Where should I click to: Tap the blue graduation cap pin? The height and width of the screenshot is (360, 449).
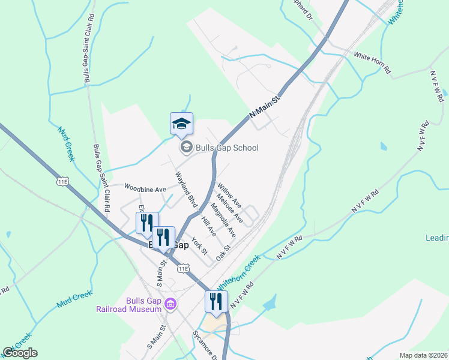click(181, 124)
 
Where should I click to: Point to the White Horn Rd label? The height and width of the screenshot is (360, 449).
click(372, 63)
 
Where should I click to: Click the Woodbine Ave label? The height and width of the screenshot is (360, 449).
click(145, 188)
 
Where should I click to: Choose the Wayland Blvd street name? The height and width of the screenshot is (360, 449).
click(186, 189)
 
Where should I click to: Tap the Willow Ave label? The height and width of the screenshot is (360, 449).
click(230, 196)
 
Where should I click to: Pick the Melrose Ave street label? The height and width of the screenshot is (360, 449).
click(230, 207)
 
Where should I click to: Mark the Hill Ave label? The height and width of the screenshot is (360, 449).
click(208, 226)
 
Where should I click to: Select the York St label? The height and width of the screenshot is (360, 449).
click(199, 245)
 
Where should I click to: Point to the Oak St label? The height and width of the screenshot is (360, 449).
click(223, 253)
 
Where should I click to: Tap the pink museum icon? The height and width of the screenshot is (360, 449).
click(171, 305)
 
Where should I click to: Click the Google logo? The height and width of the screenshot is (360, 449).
click(20, 353)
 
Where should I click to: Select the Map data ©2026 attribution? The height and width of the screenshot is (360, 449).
click(423, 355)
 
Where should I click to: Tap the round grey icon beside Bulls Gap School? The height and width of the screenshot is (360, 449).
click(185, 147)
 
